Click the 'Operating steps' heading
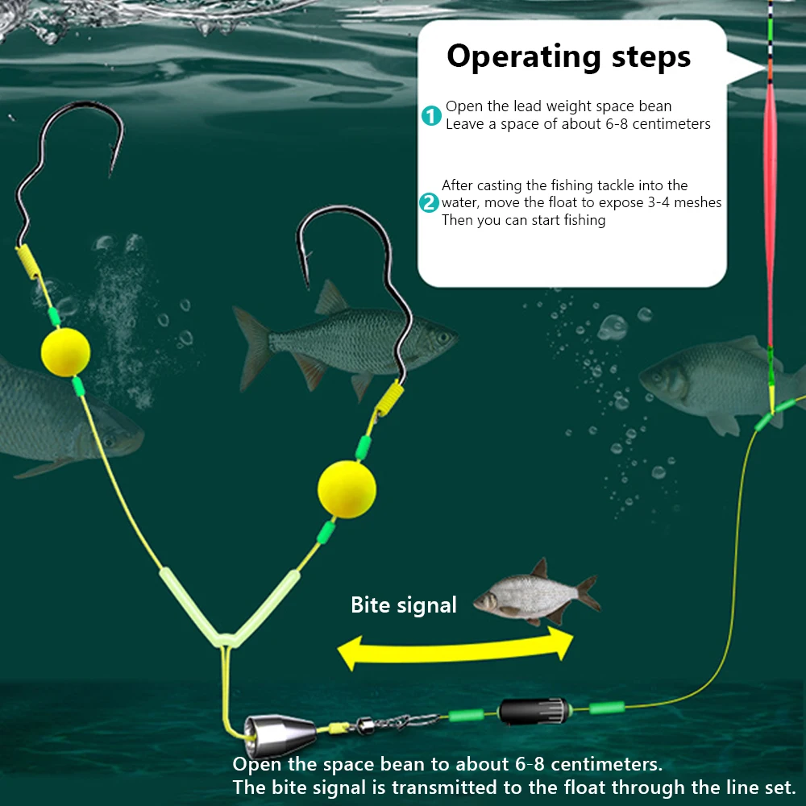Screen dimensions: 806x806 pos(568,57)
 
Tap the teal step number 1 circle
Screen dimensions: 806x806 pos(432,115)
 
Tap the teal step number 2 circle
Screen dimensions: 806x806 pos(430,202)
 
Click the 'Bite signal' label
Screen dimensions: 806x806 pos(403,605)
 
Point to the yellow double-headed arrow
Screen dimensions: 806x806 pos(455,650)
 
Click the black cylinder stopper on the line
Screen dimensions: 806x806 pos(525,712)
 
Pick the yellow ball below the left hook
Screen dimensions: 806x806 pos(65,351)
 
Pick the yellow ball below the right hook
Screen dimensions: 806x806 pos(347,489)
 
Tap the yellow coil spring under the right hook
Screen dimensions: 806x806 pos(389,401)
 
